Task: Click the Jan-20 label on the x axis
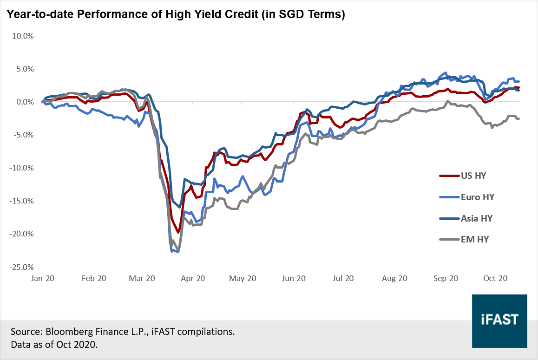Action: tap(43, 278)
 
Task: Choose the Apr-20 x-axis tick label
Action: tap(192, 278)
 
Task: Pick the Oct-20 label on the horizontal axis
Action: tap(495, 278)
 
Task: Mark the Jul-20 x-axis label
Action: tap(343, 278)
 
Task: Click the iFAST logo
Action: tap(499, 321)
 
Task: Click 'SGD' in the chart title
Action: tap(284, 15)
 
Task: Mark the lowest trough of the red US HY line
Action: tap(178, 232)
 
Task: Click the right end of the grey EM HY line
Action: tap(519, 118)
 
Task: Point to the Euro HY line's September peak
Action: tap(446, 73)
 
